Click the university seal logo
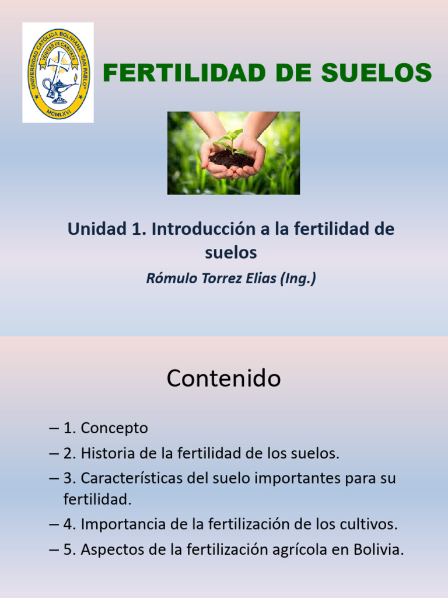click(x=58, y=72)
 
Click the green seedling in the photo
click(x=231, y=140)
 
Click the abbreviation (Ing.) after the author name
click(x=297, y=279)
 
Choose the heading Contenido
click(x=223, y=379)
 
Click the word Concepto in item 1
click(x=114, y=428)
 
